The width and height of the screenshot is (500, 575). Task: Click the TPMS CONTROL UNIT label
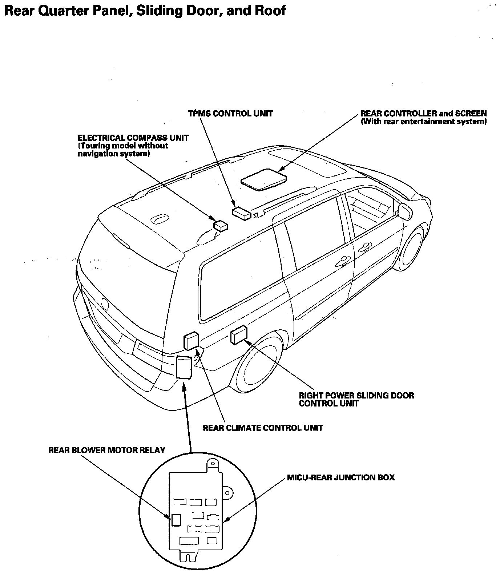click(x=230, y=114)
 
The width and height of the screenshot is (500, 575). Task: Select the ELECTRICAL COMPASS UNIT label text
click(x=133, y=138)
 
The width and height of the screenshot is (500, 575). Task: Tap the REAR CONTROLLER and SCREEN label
click(x=423, y=114)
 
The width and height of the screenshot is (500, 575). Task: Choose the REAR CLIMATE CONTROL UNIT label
click(x=263, y=428)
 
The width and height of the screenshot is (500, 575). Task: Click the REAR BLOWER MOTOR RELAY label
click(x=106, y=450)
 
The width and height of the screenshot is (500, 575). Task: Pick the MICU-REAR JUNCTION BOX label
click(x=340, y=477)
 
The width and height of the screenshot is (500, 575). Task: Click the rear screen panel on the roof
click(x=264, y=179)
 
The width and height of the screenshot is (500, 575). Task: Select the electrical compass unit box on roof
click(x=221, y=225)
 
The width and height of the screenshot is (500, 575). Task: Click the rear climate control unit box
click(x=191, y=341)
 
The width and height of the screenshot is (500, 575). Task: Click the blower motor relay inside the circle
click(x=176, y=519)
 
